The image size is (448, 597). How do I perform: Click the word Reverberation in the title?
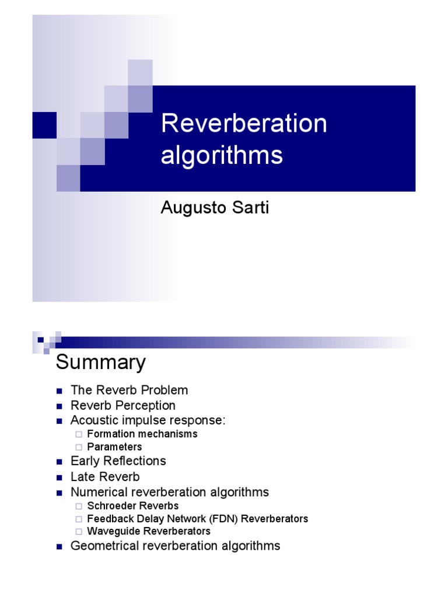[244, 124]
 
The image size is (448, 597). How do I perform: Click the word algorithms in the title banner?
[222, 156]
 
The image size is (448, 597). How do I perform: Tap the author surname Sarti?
[249, 208]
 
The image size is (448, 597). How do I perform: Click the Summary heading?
[100, 363]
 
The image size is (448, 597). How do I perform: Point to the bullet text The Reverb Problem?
[129, 390]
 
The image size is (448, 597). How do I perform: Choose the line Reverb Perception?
[123, 405]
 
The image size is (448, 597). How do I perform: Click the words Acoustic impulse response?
[148, 420]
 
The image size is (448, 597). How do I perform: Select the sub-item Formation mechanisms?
[142, 434]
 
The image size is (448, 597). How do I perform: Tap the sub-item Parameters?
[114, 447]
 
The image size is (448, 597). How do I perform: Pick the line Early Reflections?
[118, 461]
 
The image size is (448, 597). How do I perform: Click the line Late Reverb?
[105, 477]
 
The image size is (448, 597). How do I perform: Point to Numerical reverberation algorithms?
[170, 492]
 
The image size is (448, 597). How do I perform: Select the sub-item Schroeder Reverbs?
[133, 506]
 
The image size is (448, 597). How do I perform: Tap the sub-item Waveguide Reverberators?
[149, 532]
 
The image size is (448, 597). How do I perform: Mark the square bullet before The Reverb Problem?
[59, 391]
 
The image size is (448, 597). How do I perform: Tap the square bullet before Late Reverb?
[59, 477]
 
